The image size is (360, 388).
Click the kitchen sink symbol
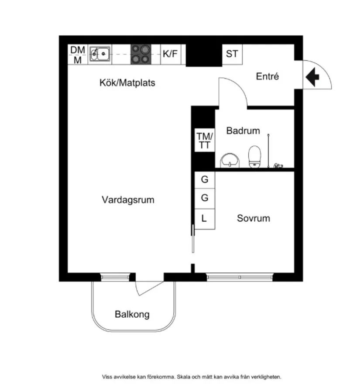pos(100,55)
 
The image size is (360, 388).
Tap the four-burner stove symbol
pos(141,55)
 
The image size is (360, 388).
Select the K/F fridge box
pos(171,55)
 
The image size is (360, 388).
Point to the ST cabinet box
pos(232,54)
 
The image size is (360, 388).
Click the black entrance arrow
pos(312,77)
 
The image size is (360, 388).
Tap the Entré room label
pos(267,76)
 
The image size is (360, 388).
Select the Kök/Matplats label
pos(127,82)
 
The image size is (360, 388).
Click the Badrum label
pos(243,130)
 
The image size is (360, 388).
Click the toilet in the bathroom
pos(254,157)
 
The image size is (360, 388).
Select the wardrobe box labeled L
pos(204,217)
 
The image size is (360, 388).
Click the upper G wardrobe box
pos(204,179)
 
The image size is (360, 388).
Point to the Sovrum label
pos(254,218)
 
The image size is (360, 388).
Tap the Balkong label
pos(132,314)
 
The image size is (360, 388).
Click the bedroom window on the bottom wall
pos(240,277)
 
